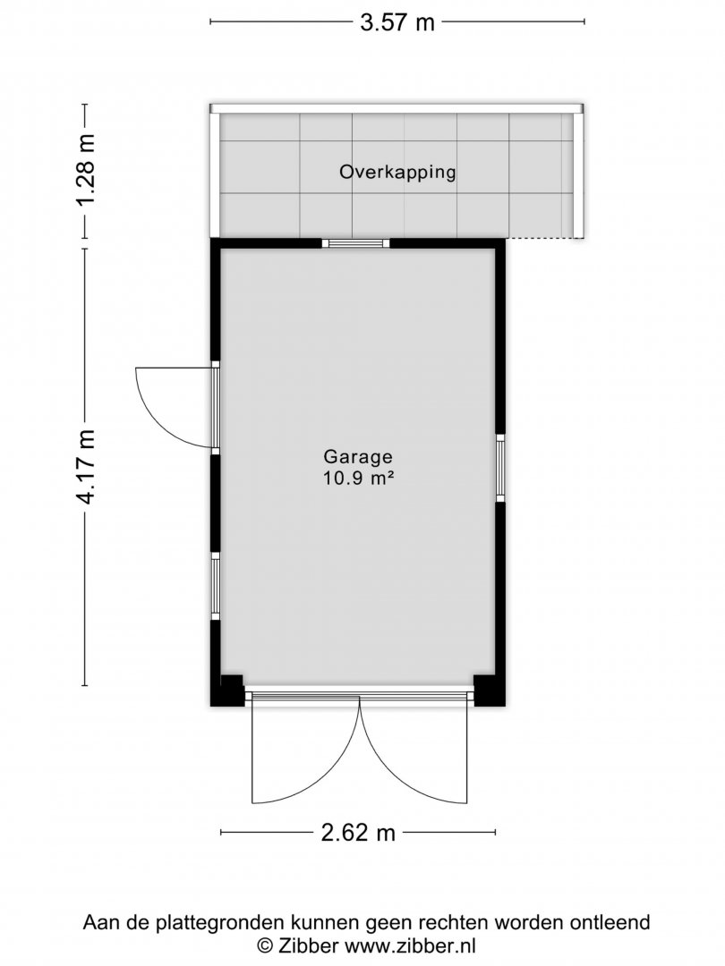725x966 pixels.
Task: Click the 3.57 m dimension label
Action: click(397, 22)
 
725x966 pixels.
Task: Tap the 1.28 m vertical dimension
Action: click(88, 170)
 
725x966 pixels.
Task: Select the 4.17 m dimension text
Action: click(88, 466)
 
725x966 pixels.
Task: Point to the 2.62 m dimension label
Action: click(358, 833)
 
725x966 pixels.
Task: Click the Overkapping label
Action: click(397, 172)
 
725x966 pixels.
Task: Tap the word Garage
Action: click(358, 456)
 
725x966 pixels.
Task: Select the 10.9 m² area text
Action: click(359, 478)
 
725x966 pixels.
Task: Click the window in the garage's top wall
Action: click(356, 243)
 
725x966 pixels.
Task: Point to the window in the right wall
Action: click(500, 468)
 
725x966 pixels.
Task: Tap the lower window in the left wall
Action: click(215, 586)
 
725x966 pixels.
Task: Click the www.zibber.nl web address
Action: click(410, 945)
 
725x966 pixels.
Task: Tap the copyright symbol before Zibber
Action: click(264, 945)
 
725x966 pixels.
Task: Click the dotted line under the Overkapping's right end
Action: click(543, 239)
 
